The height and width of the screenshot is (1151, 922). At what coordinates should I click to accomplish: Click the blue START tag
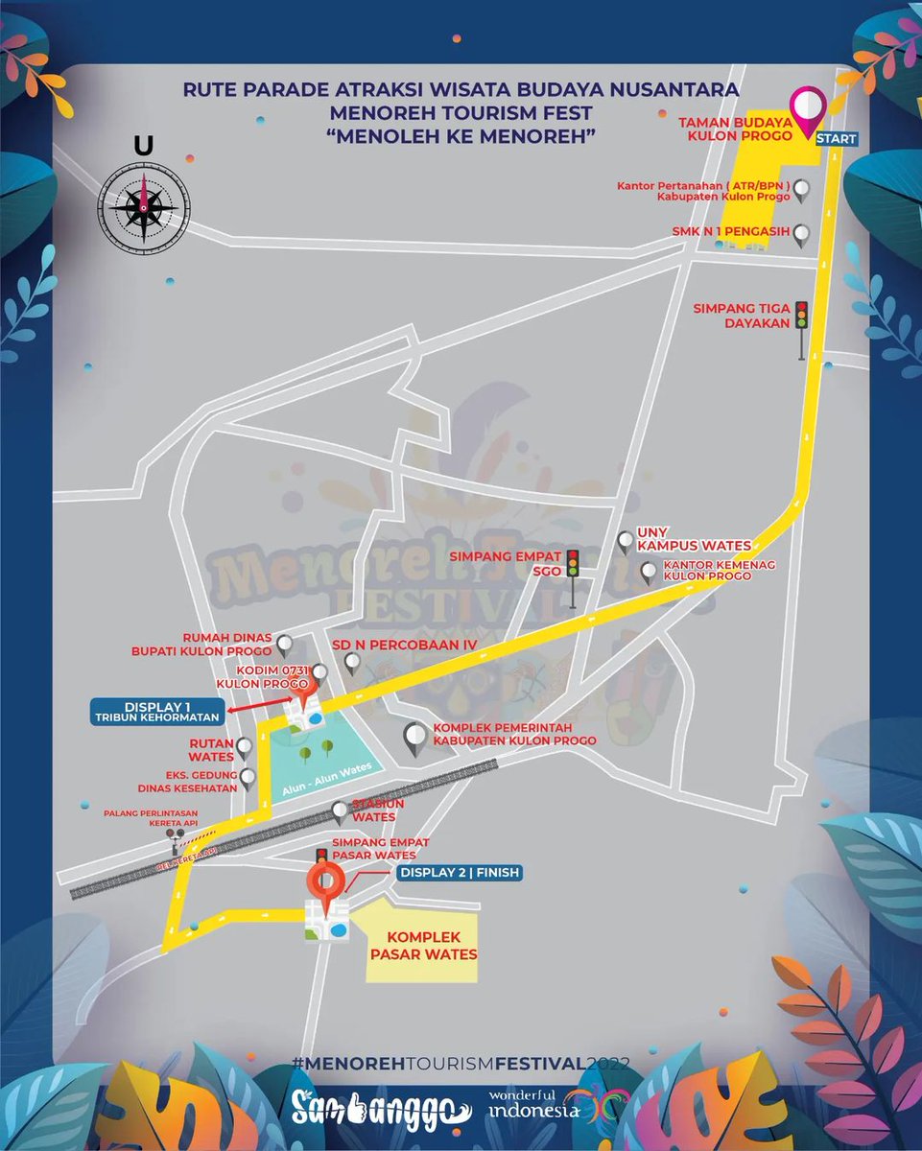[x=836, y=139]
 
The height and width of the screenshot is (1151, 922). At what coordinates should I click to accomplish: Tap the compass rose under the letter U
[x=144, y=204]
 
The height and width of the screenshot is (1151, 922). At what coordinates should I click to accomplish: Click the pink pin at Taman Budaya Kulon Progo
[x=808, y=108]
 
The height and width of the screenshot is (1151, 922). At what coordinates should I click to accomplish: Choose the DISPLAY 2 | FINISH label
[x=459, y=873]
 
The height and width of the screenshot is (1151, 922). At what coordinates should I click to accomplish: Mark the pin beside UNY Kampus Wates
[x=626, y=542]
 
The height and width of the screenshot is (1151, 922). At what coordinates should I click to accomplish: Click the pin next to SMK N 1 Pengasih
[x=800, y=233]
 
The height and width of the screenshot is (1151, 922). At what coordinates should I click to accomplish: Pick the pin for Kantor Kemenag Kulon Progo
[x=650, y=573]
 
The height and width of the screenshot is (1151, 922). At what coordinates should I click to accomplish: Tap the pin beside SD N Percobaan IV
[x=352, y=661]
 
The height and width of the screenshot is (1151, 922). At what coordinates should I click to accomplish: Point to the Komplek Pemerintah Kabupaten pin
[x=414, y=737]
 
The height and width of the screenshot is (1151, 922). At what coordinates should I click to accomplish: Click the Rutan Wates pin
[x=245, y=746]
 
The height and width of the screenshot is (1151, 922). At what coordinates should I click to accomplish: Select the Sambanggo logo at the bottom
[x=381, y=1107]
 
